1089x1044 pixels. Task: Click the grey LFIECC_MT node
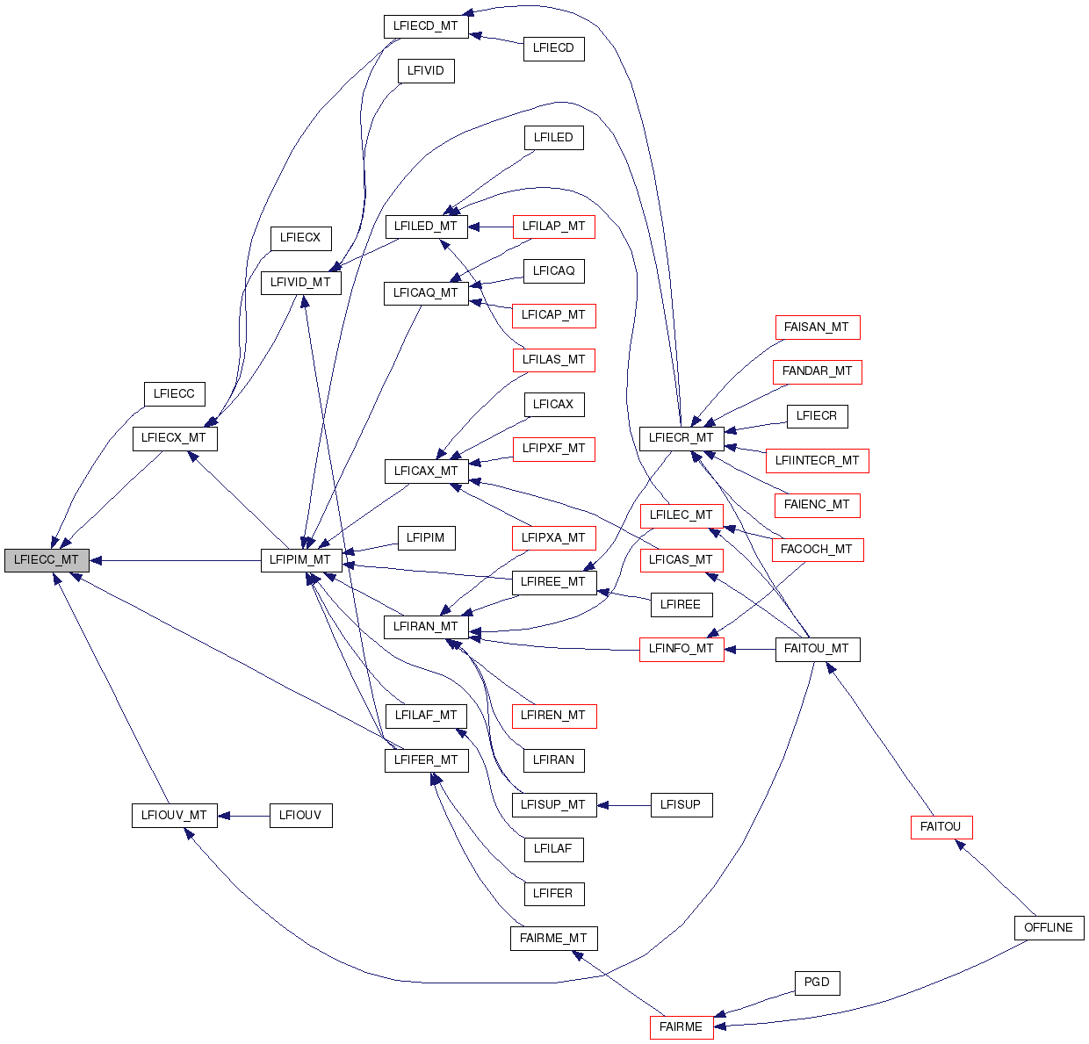[x=47, y=560]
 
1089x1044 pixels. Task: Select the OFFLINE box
[x=1049, y=928]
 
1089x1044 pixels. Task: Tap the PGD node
[x=817, y=983]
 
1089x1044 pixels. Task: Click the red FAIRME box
[x=681, y=1027]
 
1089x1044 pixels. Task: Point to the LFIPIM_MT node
[x=300, y=560]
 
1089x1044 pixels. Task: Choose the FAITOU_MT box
[x=817, y=649]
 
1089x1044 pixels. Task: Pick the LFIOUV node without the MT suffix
[x=300, y=816]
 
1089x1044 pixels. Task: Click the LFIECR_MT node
[x=682, y=438]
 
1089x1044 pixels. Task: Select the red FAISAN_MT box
[x=817, y=328]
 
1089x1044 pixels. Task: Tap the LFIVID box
[x=426, y=71]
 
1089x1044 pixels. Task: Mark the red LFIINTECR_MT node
[x=817, y=461]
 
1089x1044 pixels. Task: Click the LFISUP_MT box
[x=553, y=805]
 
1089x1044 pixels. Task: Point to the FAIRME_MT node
[x=553, y=939]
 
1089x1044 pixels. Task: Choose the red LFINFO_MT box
[x=682, y=649]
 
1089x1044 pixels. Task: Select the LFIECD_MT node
[x=426, y=26]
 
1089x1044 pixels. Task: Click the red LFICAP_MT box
[x=553, y=315]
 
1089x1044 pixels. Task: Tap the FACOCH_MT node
[x=817, y=550]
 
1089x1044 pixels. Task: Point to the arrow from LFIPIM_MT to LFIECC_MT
[x=176, y=560]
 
